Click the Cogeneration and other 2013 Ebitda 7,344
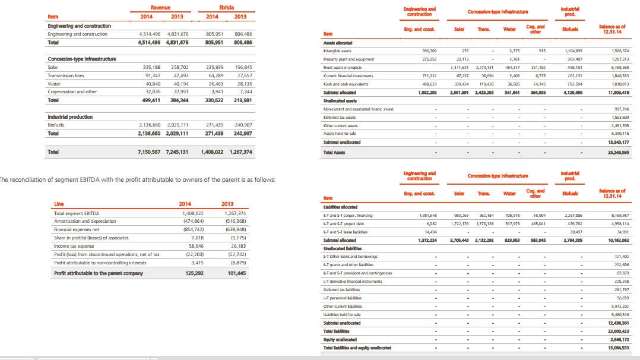243,91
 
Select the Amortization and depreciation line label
87,220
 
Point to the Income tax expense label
74,245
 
